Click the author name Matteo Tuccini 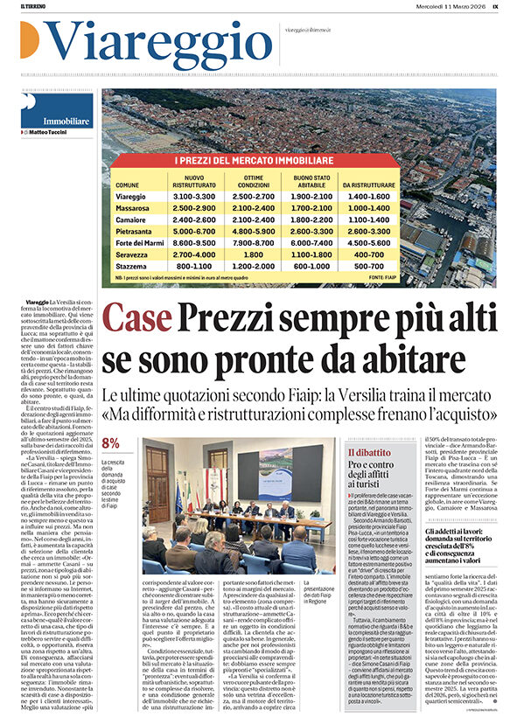(47, 132)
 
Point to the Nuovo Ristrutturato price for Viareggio (191, 198)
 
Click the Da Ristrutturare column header (364, 185)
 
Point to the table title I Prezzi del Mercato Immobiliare (254, 162)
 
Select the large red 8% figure (111, 443)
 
